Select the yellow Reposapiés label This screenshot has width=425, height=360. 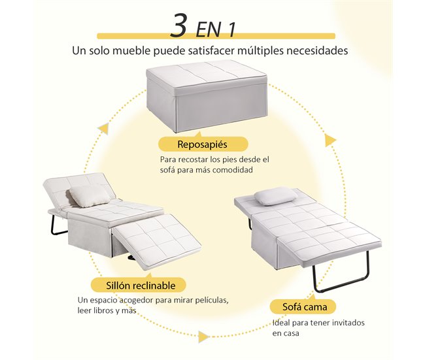point(203,144)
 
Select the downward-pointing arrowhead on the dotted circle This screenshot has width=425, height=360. point(331,140)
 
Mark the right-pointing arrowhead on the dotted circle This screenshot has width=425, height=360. point(203,336)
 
